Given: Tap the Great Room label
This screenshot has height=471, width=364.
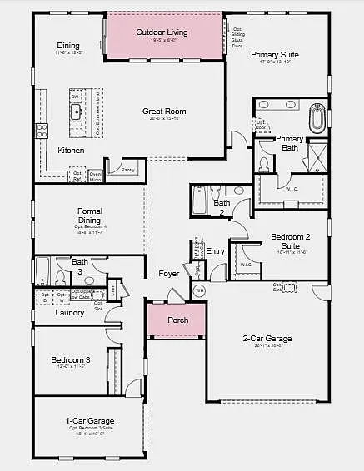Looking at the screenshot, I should point(164,111).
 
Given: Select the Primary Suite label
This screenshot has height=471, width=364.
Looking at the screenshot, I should point(275,54).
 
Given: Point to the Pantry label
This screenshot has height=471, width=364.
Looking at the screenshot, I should point(127,170).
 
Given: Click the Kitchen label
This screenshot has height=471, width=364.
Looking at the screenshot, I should point(71,150).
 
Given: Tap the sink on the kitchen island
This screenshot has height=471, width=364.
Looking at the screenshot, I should point(75,112).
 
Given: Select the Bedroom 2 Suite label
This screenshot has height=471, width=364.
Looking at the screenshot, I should point(290,241).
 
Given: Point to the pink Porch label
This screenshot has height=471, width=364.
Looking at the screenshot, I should point(178,320).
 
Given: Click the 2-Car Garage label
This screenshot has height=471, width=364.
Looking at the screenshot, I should point(267,339).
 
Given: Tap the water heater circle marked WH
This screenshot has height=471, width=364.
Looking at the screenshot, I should point(198,291).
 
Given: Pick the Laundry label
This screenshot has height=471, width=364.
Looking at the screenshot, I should point(69,313).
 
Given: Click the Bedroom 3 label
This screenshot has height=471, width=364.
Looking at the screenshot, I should point(71,359).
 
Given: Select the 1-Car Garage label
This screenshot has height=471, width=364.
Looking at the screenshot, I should point(90,421).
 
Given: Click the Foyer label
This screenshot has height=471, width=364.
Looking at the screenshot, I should point(169,273).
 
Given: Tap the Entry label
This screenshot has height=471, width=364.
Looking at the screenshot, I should point(216,251).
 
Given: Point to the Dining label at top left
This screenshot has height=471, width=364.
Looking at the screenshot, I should point(68,45).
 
